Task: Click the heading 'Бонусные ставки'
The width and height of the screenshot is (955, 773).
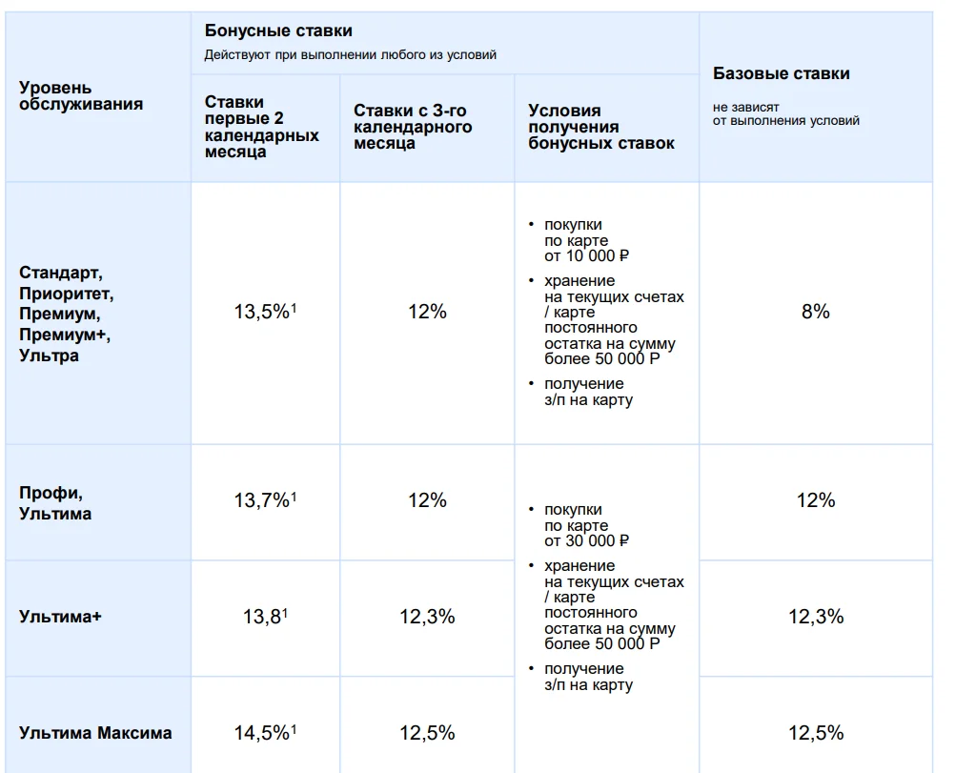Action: pyautogui.click(x=278, y=31)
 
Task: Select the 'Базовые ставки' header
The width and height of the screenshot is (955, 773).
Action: pyautogui.click(x=782, y=73)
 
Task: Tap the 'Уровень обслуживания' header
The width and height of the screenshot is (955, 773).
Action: pyautogui.click(x=81, y=96)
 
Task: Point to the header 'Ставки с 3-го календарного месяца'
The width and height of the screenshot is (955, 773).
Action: pyautogui.click(x=413, y=127)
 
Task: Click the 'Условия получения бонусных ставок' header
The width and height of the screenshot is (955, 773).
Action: pyautogui.click(x=601, y=127)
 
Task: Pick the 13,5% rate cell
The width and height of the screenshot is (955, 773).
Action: pyautogui.click(x=265, y=312)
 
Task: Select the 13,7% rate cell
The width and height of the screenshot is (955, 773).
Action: pyautogui.click(x=265, y=500)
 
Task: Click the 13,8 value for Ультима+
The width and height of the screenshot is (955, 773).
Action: pyautogui.click(x=265, y=617)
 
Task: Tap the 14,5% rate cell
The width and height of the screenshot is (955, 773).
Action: pyautogui.click(x=265, y=732)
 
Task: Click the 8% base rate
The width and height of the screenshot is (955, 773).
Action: pyautogui.click(x=816, y=312)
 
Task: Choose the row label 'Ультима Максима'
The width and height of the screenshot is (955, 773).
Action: pyautogui.click(x=95, y=732)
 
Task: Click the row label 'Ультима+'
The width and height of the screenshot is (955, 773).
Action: pyautogui.click(x=60, y=617)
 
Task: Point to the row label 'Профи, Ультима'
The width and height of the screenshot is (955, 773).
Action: pyautogui.click(x=55, y=503)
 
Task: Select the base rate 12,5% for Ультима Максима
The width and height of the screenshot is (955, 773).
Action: pyautogui.click(x=816, y=732)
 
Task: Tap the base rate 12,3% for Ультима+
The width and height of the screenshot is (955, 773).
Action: pyautogui.click(x=816, y=617)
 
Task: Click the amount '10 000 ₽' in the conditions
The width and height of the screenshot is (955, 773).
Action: pyautogui.click(x=597, y=255)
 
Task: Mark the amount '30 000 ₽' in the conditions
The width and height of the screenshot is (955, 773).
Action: pyautogui.click(x=597, y=541)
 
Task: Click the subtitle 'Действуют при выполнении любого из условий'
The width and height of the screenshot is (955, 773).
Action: pyautogui.click(x=350, y=55)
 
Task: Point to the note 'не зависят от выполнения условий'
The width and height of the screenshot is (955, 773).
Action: pyautogui.click(x=785, y=114)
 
